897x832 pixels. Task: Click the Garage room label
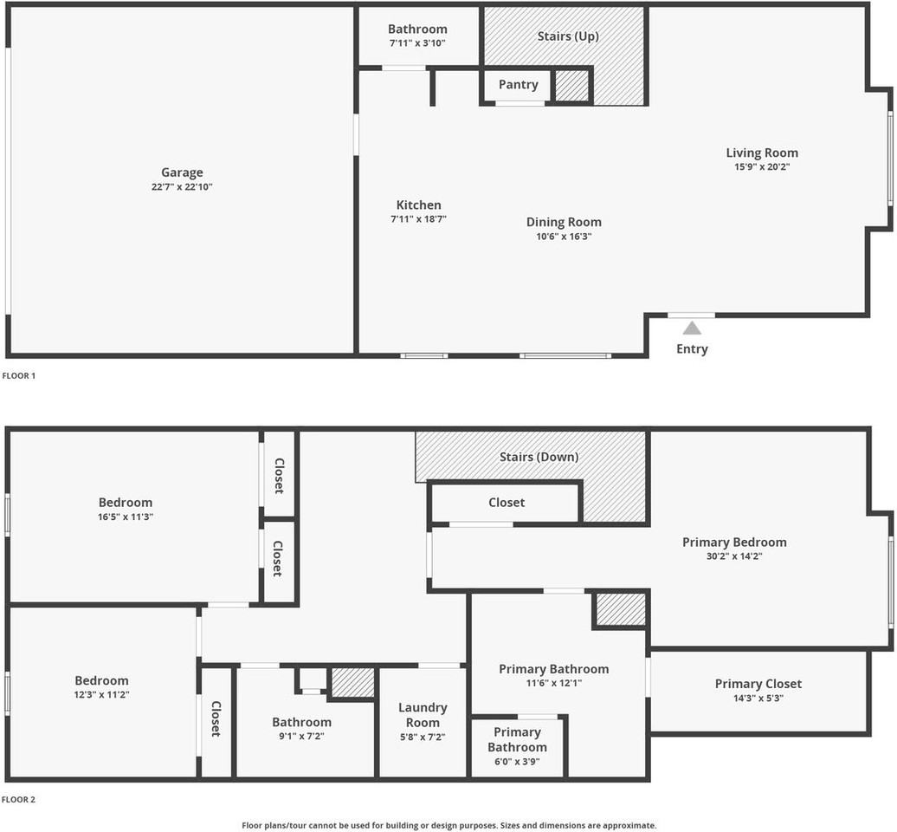(182, 172)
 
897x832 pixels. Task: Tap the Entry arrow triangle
(692, 328)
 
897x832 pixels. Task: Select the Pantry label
(518, 85)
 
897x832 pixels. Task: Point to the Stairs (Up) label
(568, 36)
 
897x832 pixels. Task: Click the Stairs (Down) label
(539, 457)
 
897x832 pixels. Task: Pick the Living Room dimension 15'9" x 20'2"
(762, 166)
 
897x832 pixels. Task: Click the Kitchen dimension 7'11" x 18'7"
(418, 219)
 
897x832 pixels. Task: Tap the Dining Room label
(564, 222)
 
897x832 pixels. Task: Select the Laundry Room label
(423, 716)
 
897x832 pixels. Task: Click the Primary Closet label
(758, 684)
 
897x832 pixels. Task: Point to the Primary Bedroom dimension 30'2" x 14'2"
(734, 556)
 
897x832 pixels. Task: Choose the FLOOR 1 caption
(19, 376)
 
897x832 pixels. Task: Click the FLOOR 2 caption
(19, 800)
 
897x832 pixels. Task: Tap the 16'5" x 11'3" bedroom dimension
(125, 517)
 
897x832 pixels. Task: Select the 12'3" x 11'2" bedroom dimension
(101, 695)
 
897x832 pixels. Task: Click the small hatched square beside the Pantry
(571, 85)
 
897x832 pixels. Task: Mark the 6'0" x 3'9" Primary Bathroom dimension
(517, 761)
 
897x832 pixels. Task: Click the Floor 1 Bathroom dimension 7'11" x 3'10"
(417, 42)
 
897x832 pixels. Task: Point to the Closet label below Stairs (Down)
(507, 503)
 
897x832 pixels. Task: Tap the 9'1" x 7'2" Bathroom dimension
(301, 736)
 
